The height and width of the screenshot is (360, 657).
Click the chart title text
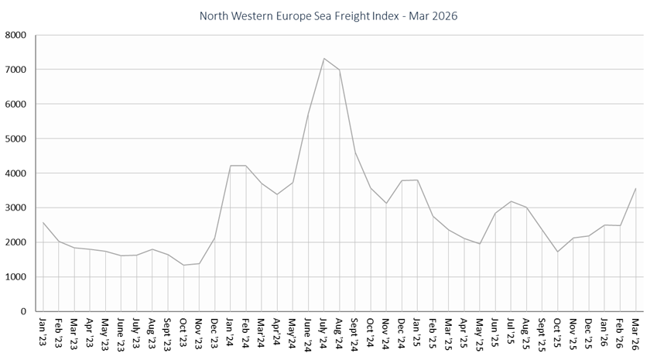click(328, 15)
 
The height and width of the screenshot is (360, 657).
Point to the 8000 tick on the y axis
click(16, 35)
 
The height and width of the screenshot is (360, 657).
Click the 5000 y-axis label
click(16, 139)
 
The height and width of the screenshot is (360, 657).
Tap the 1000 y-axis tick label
click(16, 277)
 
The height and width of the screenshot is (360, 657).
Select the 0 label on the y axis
click(23, 311)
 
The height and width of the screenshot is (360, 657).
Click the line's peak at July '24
click(324, 59)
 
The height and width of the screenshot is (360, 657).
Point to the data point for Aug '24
click(340, 70)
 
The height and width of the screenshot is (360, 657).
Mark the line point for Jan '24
click(231, 166)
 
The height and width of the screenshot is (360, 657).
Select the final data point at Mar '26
click(636, 188)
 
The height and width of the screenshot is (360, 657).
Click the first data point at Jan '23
click(43, 223)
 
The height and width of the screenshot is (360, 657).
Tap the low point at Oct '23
click(184, 265)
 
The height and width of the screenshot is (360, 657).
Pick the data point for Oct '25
click(558, 252)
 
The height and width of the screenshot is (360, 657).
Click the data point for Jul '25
click(512, 201)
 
